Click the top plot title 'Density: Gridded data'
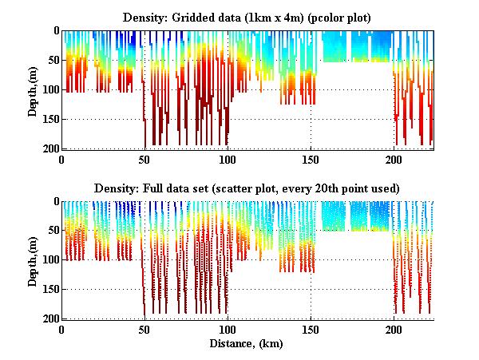[247, 17]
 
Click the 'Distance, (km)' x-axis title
[247, 344]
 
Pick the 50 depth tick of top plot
[51, 60]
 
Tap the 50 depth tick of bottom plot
[51, 231]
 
